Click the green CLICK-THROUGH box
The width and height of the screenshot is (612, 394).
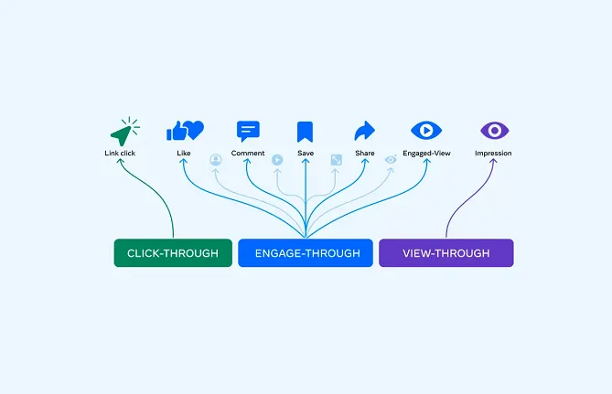coord(173,253)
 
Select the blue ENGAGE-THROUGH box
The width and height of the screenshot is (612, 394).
coord(306,253)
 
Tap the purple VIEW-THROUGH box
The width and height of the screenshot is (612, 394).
coord(446,253)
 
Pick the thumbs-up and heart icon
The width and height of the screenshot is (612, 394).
coord(185,131)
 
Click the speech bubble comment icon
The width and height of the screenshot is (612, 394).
coord(248,131)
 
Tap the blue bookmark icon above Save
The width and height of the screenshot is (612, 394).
coord(305,132)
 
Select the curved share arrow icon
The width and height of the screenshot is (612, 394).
coord(364,131)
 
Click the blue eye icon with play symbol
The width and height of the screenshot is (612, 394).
coord(426,131)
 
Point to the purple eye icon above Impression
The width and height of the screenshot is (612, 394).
coord(494,131)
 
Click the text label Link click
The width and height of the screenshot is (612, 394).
coord(120,154)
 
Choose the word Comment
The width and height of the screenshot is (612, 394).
coord(248,154)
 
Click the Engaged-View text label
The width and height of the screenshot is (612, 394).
coord(426,154)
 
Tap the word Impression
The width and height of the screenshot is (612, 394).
coord(493,154)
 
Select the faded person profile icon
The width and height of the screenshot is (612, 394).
coord(216,160)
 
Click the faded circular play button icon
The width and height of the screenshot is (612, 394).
coord(277,160)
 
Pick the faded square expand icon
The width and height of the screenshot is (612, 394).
coord(336,160)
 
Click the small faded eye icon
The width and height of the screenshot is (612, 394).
coord(391,160)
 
